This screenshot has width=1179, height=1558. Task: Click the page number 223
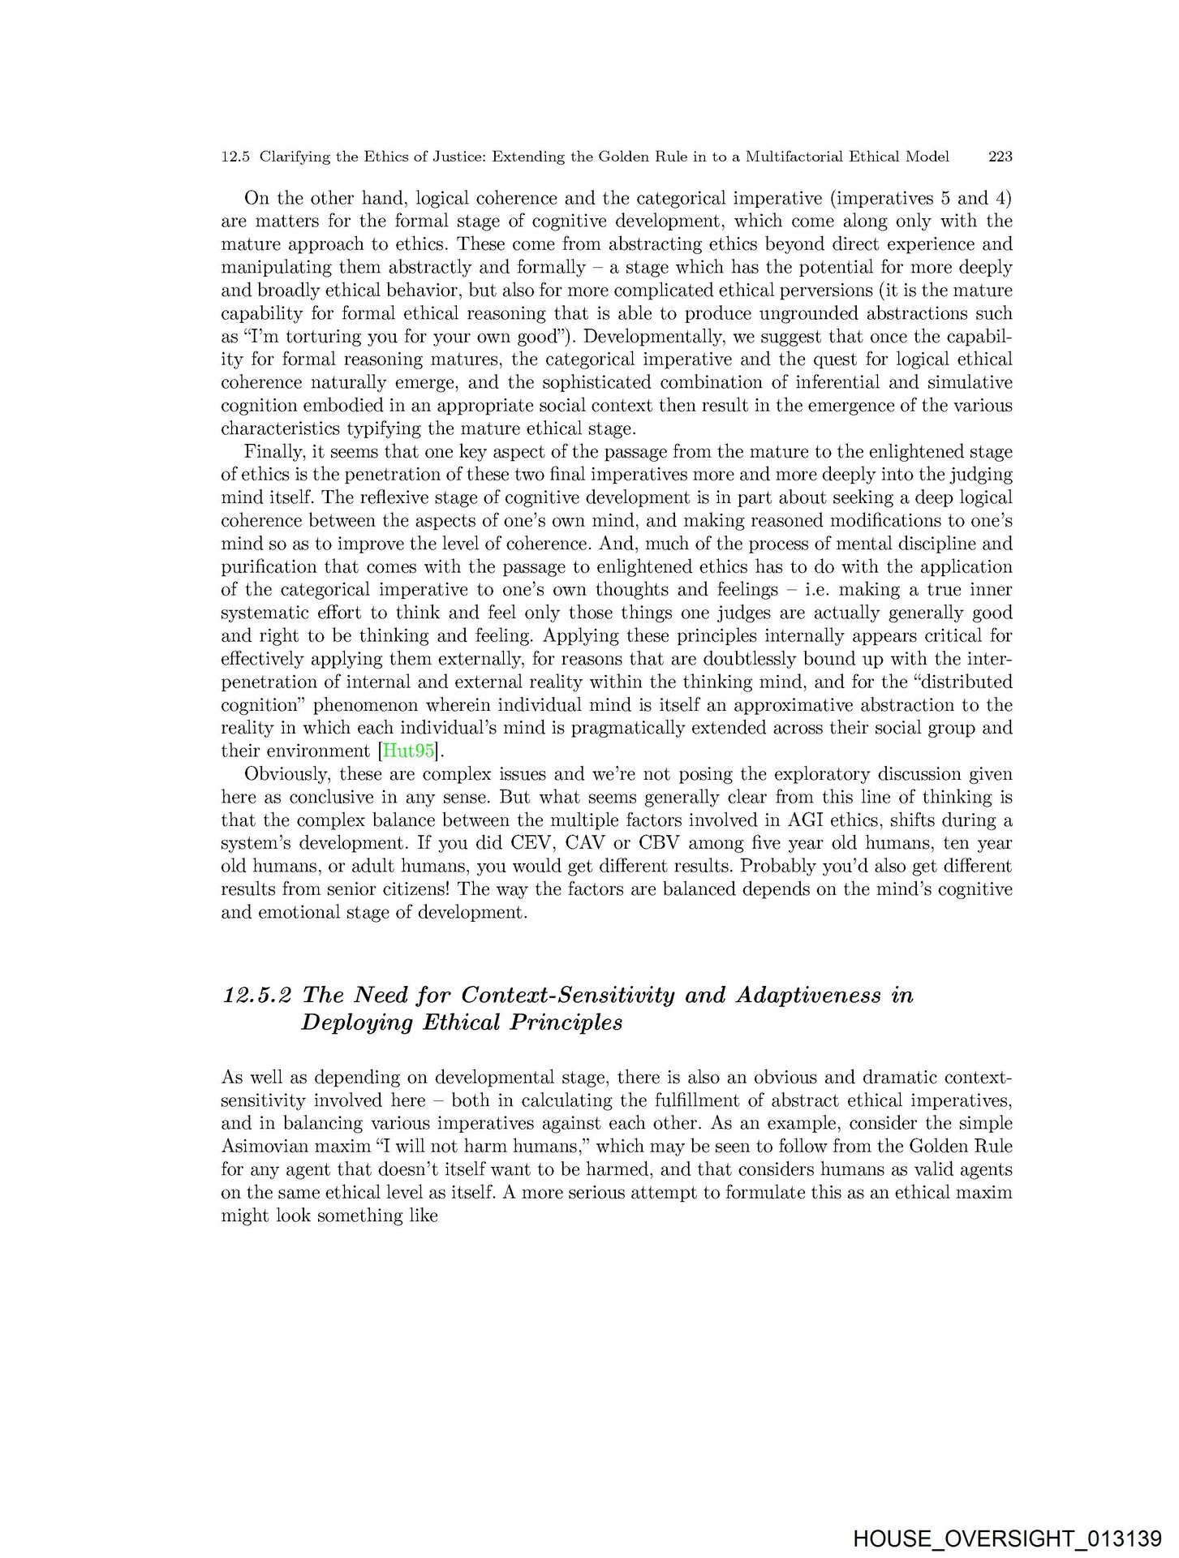(1000, 157)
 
